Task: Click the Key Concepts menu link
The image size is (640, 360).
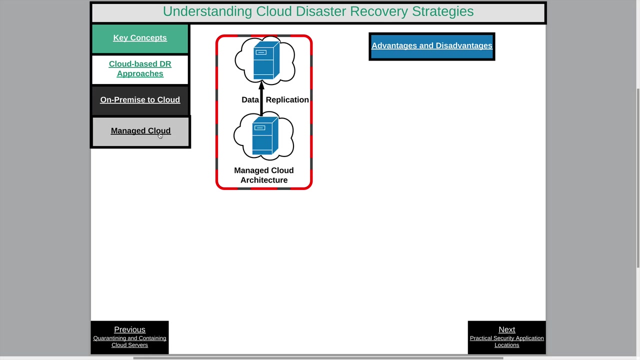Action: pyautogui.click(x=140, y=38)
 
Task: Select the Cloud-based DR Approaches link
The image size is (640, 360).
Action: pyautogui.click(x=140, y=69)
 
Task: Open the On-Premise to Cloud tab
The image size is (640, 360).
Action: pyautogui.click(x=140, y=100)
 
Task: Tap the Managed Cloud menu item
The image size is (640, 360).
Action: pyautogui.click(x=140, y=131)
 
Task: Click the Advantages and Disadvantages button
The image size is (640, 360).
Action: pyautogui.click(x=432, y=46)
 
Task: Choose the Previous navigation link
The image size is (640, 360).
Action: pyautogui.click(x=129, y=330)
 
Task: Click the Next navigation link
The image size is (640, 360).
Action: pyautogui.click(x=506, y=330)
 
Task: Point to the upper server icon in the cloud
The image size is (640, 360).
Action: pyautogui.click(x=265, y=61)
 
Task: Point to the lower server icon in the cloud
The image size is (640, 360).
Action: pyautogui.click(x=264, y=136)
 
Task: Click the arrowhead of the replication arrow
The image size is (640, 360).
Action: pyautogui.click(x=261, y=86)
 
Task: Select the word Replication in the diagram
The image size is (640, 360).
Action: pyautogui.click(x=287, y=100)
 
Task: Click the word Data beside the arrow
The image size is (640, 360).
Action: pyautogui.click(x=250, y=100)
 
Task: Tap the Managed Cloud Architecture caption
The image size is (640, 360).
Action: pyautogui.click(x=264, y=175)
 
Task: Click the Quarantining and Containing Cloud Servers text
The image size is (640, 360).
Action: pyautogui.click(x=129, y=342)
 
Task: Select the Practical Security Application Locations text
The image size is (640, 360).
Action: pyautogui.click(x=506, y=342)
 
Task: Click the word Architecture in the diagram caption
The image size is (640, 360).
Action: pyautogui.click(x=264, y=180)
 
